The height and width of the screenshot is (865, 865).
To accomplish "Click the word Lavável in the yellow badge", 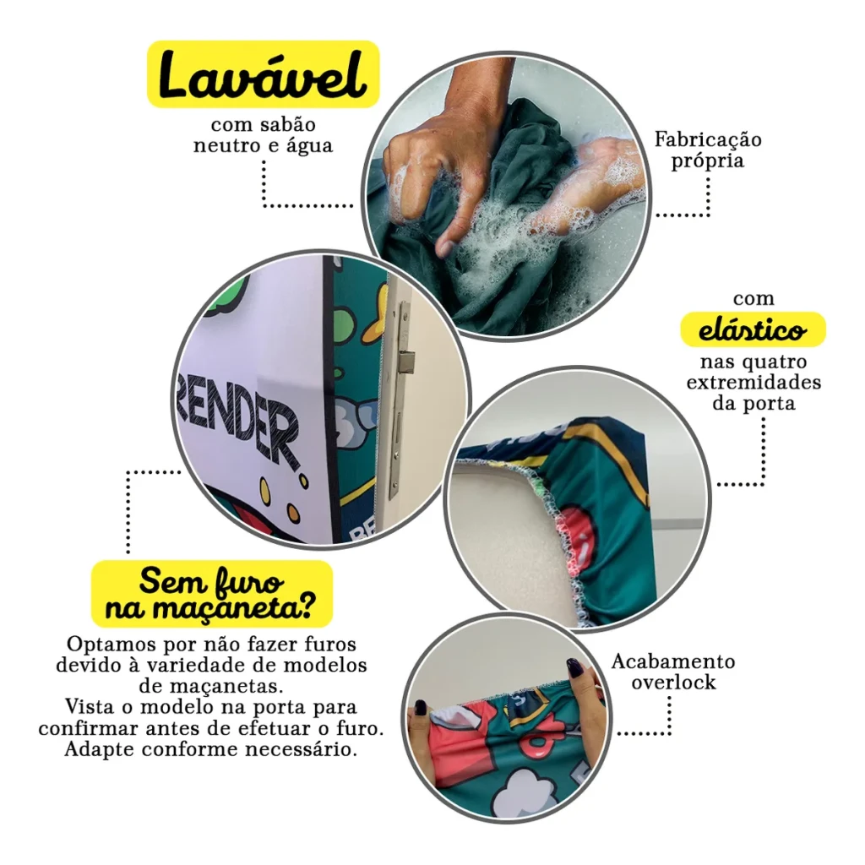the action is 264,74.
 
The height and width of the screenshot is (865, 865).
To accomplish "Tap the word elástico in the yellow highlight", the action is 753,330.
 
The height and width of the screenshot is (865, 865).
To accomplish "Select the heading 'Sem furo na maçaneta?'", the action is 212,594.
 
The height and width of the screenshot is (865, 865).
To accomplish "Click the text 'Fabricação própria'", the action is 708,150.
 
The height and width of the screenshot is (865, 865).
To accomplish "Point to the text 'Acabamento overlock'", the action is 673,672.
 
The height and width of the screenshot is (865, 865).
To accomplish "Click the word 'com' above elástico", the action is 753,299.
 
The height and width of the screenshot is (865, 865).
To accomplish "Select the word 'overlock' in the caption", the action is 673,683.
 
